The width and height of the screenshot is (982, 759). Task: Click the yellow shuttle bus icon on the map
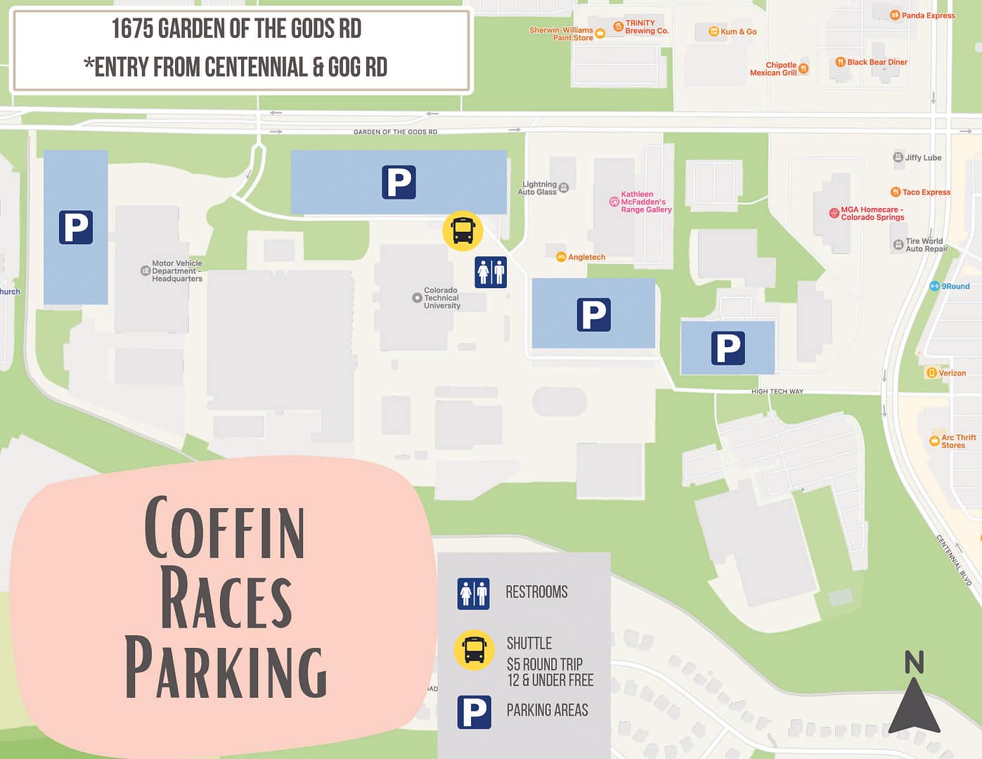pos(463,231)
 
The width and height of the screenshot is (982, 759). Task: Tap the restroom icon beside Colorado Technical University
pos(491,272)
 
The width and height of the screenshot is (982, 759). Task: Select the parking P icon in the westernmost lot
pos(76,227)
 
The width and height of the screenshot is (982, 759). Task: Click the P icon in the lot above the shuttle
pos(399,182)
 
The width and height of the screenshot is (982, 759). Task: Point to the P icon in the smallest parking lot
pos(728,348)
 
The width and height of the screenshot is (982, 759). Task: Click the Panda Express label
pos(927,15)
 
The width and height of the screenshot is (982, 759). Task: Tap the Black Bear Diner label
pos(877,62)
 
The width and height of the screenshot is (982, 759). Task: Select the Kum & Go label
pos(737,32)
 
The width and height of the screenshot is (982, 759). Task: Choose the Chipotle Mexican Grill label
pos(774,68)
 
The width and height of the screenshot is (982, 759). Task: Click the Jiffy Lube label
pos(922,157)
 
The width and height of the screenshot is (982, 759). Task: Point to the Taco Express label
pos(925,192)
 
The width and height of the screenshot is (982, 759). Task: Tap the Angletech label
pos(586,257)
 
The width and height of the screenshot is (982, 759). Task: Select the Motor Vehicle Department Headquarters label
pos(176,271)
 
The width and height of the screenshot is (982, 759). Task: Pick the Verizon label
pos(951,373)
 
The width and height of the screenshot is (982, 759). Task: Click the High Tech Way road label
pos(777,391)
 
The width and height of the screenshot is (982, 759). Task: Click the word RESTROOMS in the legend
pos(536,592)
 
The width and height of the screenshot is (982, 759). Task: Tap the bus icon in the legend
pos(474,649)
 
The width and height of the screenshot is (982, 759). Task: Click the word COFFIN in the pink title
pos(225,528)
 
